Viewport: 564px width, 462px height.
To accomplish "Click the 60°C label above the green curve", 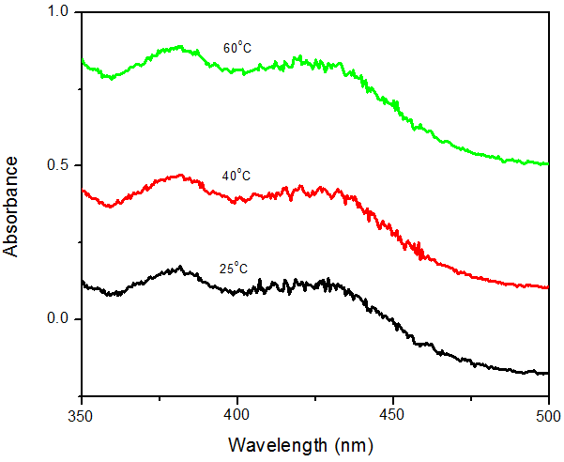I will coord(236,47).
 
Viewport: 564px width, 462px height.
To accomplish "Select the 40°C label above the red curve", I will coord(236,175).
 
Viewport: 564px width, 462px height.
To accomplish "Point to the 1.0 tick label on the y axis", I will coord(59,12).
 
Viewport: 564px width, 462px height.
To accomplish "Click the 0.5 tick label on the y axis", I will coord(59,165).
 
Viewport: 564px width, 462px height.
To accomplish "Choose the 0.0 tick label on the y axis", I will coord(59,319).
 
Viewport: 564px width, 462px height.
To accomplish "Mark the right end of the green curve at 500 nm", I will coord(547,164).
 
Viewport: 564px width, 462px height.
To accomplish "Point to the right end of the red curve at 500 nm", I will coord(547,287).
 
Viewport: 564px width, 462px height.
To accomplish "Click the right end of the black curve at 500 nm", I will coord(547,373).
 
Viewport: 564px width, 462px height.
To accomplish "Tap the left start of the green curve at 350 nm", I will coord(83,60).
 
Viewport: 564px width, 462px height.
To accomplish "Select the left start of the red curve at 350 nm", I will coord(83,191).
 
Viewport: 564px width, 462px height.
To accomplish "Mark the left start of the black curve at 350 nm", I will coord(83,282).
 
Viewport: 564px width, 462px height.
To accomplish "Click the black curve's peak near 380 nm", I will coord(178,268).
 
